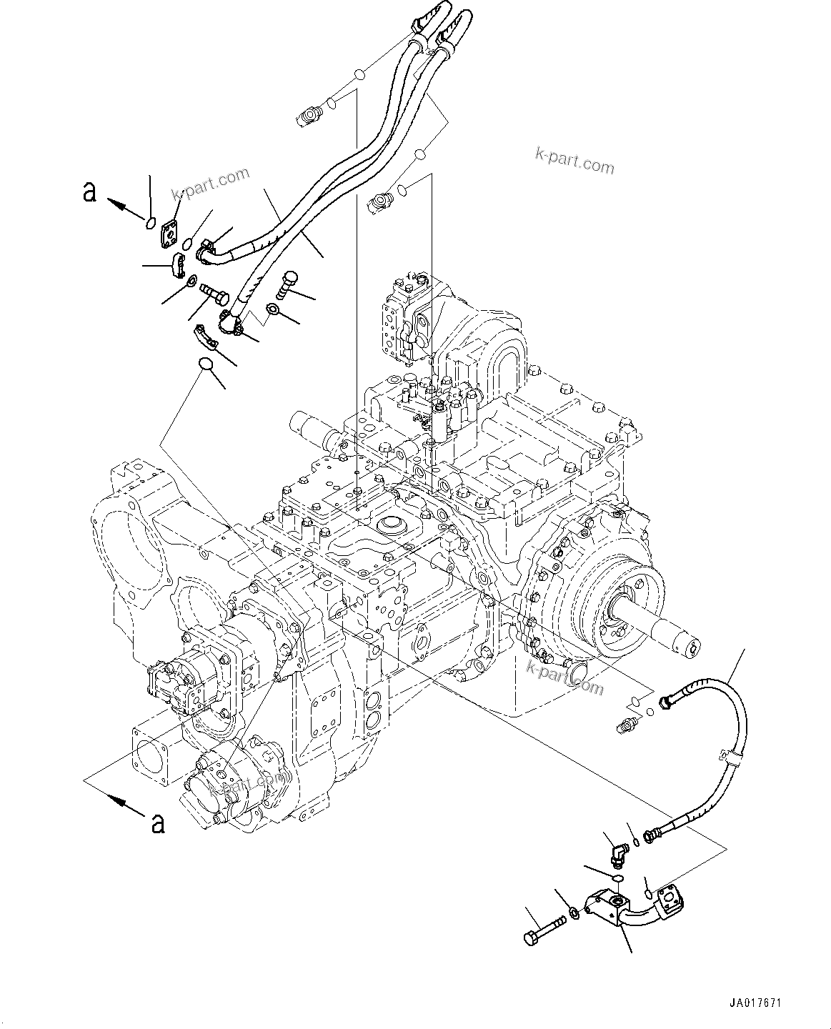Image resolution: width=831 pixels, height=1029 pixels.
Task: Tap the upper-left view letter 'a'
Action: tap(89, 192)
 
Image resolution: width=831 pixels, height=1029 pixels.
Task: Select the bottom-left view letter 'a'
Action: tap(158, 822)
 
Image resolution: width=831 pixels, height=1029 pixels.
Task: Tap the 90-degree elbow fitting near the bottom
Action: tap(618, 852)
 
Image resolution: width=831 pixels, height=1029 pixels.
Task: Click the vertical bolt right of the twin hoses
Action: tap(284, 284)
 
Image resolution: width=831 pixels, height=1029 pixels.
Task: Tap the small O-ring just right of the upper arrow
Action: tap(149, 224)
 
